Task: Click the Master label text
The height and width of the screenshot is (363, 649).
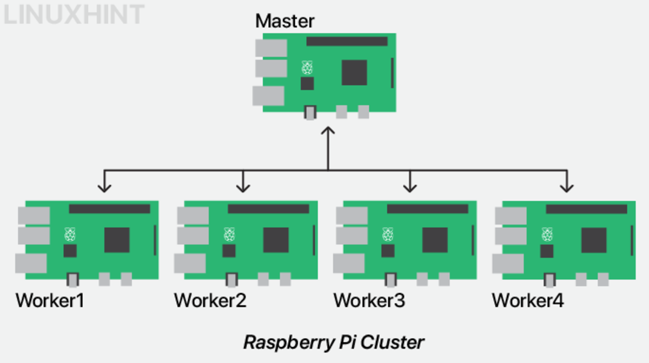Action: [284, 21]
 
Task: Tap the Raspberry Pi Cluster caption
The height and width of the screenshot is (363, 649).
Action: [334, 342]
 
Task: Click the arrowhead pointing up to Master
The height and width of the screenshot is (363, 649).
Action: [328, 131]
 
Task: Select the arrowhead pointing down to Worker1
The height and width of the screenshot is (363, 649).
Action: [104, 187]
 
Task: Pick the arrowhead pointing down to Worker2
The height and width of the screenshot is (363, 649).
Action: [243, 187]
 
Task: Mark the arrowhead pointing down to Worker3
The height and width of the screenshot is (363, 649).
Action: [410, 187]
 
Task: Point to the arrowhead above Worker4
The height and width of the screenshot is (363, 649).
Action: [566, 187]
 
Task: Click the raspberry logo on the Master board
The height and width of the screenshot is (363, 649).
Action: [307, 68]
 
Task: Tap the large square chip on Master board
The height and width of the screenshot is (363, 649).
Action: [354, 72]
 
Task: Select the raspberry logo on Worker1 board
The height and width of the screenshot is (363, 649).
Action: [70, 235]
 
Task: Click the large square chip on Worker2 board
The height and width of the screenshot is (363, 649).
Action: [276, 240]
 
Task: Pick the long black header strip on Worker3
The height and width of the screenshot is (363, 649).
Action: [427, 209]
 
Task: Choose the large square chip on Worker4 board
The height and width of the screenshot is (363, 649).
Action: [594, 240]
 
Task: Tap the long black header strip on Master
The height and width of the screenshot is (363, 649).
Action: [347, 41]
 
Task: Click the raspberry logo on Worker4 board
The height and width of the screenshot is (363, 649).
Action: [547, 235]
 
